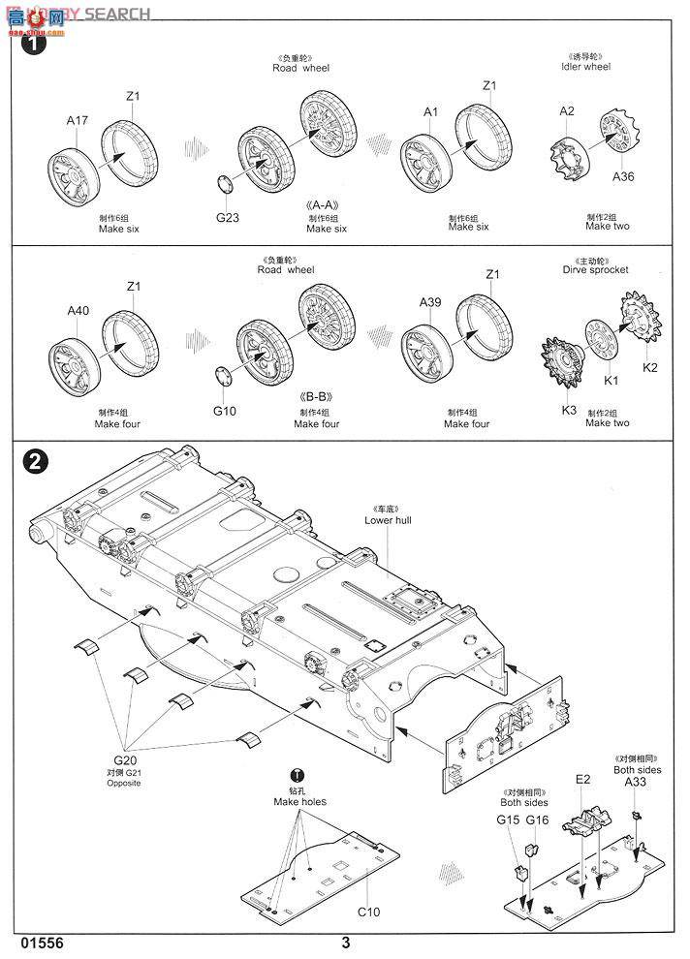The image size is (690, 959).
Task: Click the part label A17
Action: click(x=78, y=121)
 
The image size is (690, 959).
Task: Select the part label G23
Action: click(x=227, y=218)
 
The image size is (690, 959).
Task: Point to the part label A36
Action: click(x=623, y=177)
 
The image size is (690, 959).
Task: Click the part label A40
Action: click(x=78, y=311)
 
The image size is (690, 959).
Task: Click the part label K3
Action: click(x=569, y=410)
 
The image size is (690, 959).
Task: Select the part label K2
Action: click(x=649, y=367)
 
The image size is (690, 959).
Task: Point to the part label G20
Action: click(x=125, y=761)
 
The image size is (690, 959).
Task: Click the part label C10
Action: click(x=367, y=912)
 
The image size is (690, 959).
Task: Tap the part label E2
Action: click(x=582, y=778)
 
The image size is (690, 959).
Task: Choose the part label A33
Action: click(x=636, y=782)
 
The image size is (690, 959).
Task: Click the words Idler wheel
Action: click(x=585, y=68)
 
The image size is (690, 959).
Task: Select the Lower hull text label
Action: click(x=382, y=520)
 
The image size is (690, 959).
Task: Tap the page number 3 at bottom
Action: click(x=345, y=943)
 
